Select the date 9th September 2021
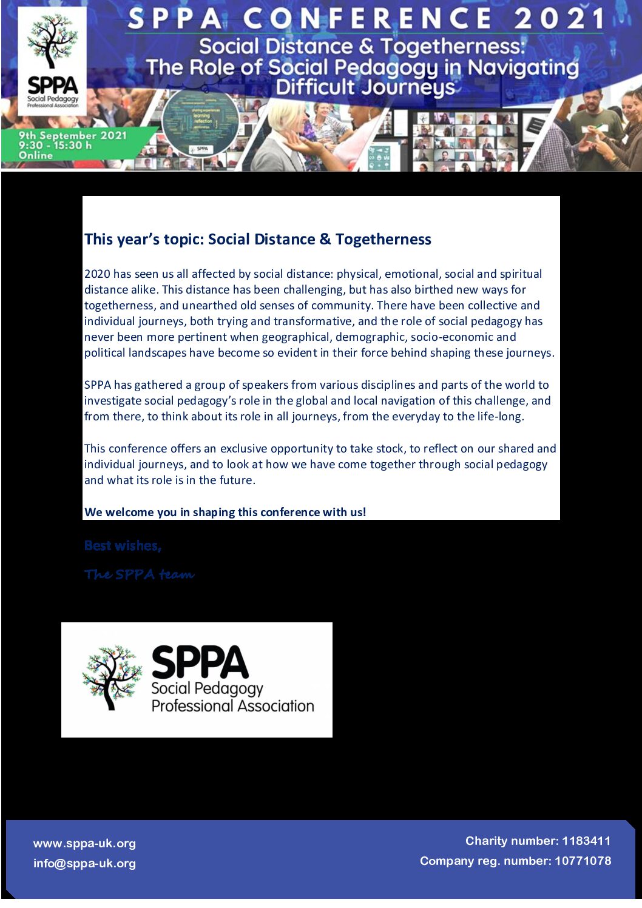click(x=72, y=135)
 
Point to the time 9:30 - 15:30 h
click(x=55, y=146)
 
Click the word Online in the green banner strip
click(x=36, y=155)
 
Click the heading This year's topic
click(x=144, y=240)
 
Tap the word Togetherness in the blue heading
click(x=383, y=240)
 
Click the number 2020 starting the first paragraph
click(x=96, y=274)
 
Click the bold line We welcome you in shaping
click(x=225, y=513)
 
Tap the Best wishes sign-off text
click(x=123, y=546)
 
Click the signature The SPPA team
click(x=139, y=574)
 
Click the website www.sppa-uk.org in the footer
click(x=84, y=844)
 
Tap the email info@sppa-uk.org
click(x=84, y=864)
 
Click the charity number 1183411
click(x=586, y=841)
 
